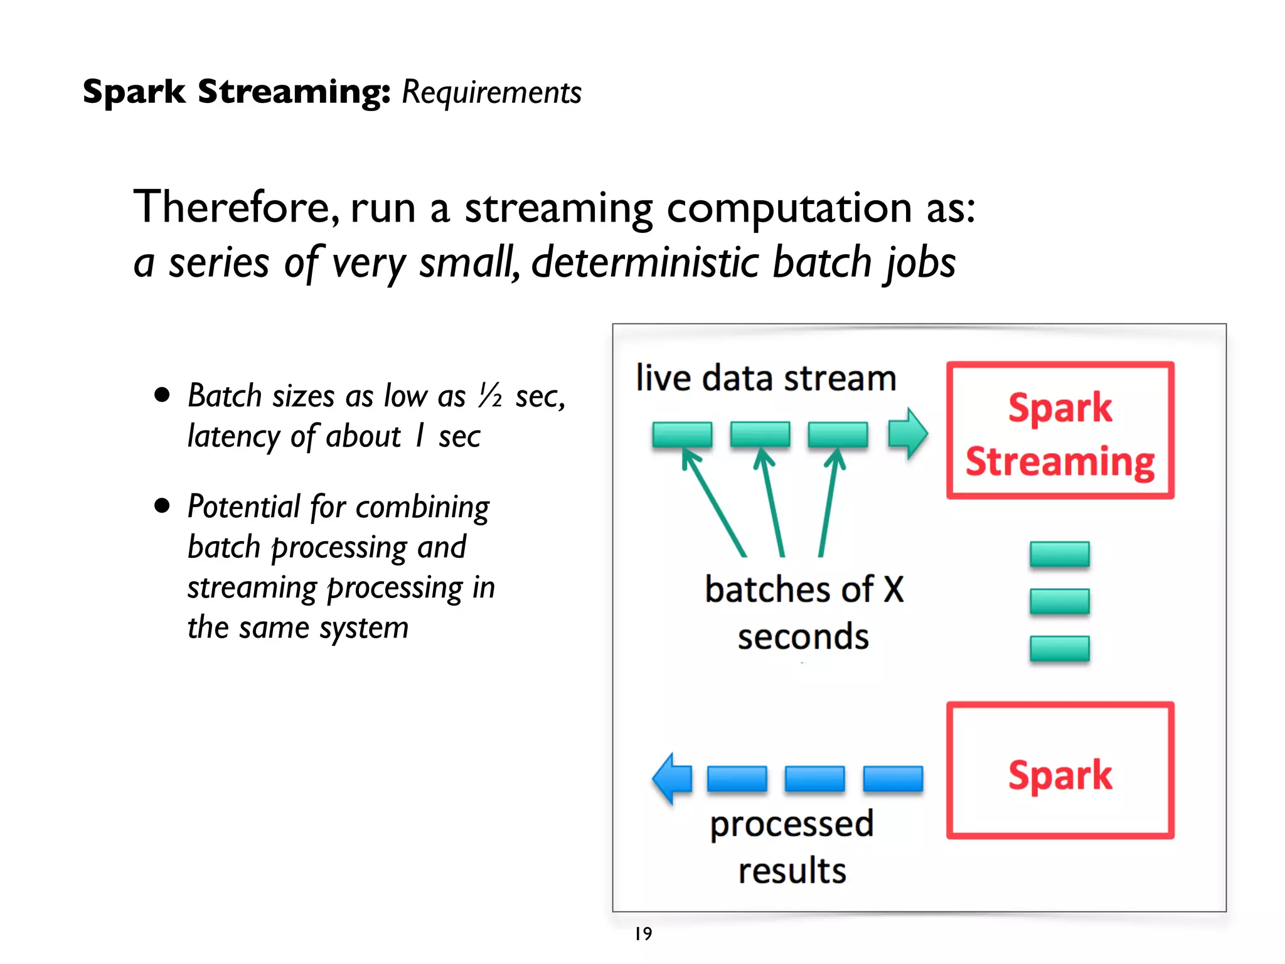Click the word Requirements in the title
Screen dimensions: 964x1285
click(x=491, y=93)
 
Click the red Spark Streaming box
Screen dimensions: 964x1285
click(x=1060, y=431)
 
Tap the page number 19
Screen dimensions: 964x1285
click(x=643, y=934)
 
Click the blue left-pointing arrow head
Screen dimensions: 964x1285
click(x=670, y=778)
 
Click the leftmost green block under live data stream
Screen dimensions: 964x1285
click(x=682, y=434)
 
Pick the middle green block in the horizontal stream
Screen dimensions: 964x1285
click(x=760, y=434)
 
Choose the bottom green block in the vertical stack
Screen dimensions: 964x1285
click(x=1059, y=649)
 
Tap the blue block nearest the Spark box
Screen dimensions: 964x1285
click(x=893, y=779)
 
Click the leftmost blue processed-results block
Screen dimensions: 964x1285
click(x=737, y=779)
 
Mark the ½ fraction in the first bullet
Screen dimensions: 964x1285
click(x=490, y=396)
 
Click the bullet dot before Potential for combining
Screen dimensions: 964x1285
click(x=163, y=506)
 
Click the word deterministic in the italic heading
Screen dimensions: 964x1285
click(x=646, y=262)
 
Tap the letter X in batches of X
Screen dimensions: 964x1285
click(x=893, y=589)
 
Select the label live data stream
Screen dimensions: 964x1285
click(x=765, y=378)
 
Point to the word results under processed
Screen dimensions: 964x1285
click(x=792, y=871)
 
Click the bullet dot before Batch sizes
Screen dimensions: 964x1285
click(x=163, y=395)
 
